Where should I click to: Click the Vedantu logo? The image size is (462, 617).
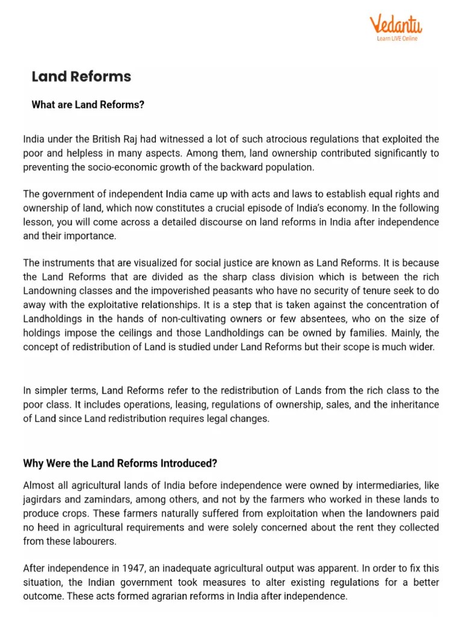395,25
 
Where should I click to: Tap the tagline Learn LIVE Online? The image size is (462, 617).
396,39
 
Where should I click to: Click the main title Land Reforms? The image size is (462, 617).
81,77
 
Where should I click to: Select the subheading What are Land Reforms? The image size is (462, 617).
88,105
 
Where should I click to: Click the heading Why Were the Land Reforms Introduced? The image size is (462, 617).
120,463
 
